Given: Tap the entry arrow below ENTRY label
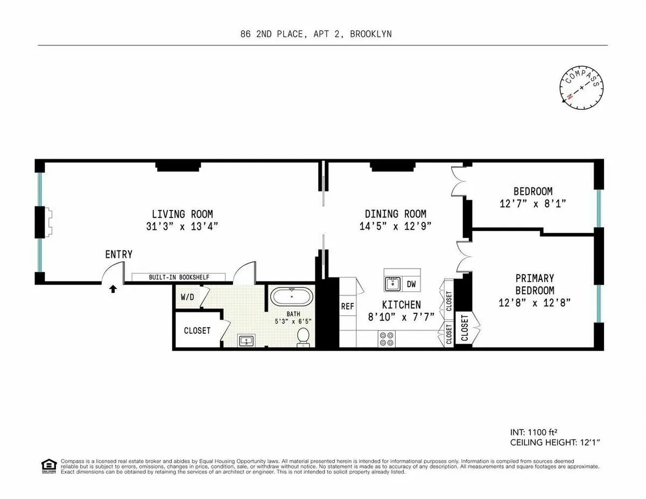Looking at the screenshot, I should pos(113,289).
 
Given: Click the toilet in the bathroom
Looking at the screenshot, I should pos(304,336).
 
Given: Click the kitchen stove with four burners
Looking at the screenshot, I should pos(387,339).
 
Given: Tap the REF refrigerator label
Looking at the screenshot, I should pos(347,306).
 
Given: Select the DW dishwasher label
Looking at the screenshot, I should pos(411,284).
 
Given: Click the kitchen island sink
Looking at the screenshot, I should pos(393,283).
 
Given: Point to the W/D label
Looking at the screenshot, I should pos(187,297).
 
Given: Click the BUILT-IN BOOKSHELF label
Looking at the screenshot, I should pos(179,277).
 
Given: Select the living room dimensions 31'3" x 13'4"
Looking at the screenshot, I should pos(182,226).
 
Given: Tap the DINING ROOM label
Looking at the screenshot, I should pos(395,214).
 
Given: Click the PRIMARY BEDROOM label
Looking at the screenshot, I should pos(534,284).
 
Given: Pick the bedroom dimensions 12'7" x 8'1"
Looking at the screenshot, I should pos(532,204).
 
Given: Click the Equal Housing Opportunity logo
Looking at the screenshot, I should pos(48,466).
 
